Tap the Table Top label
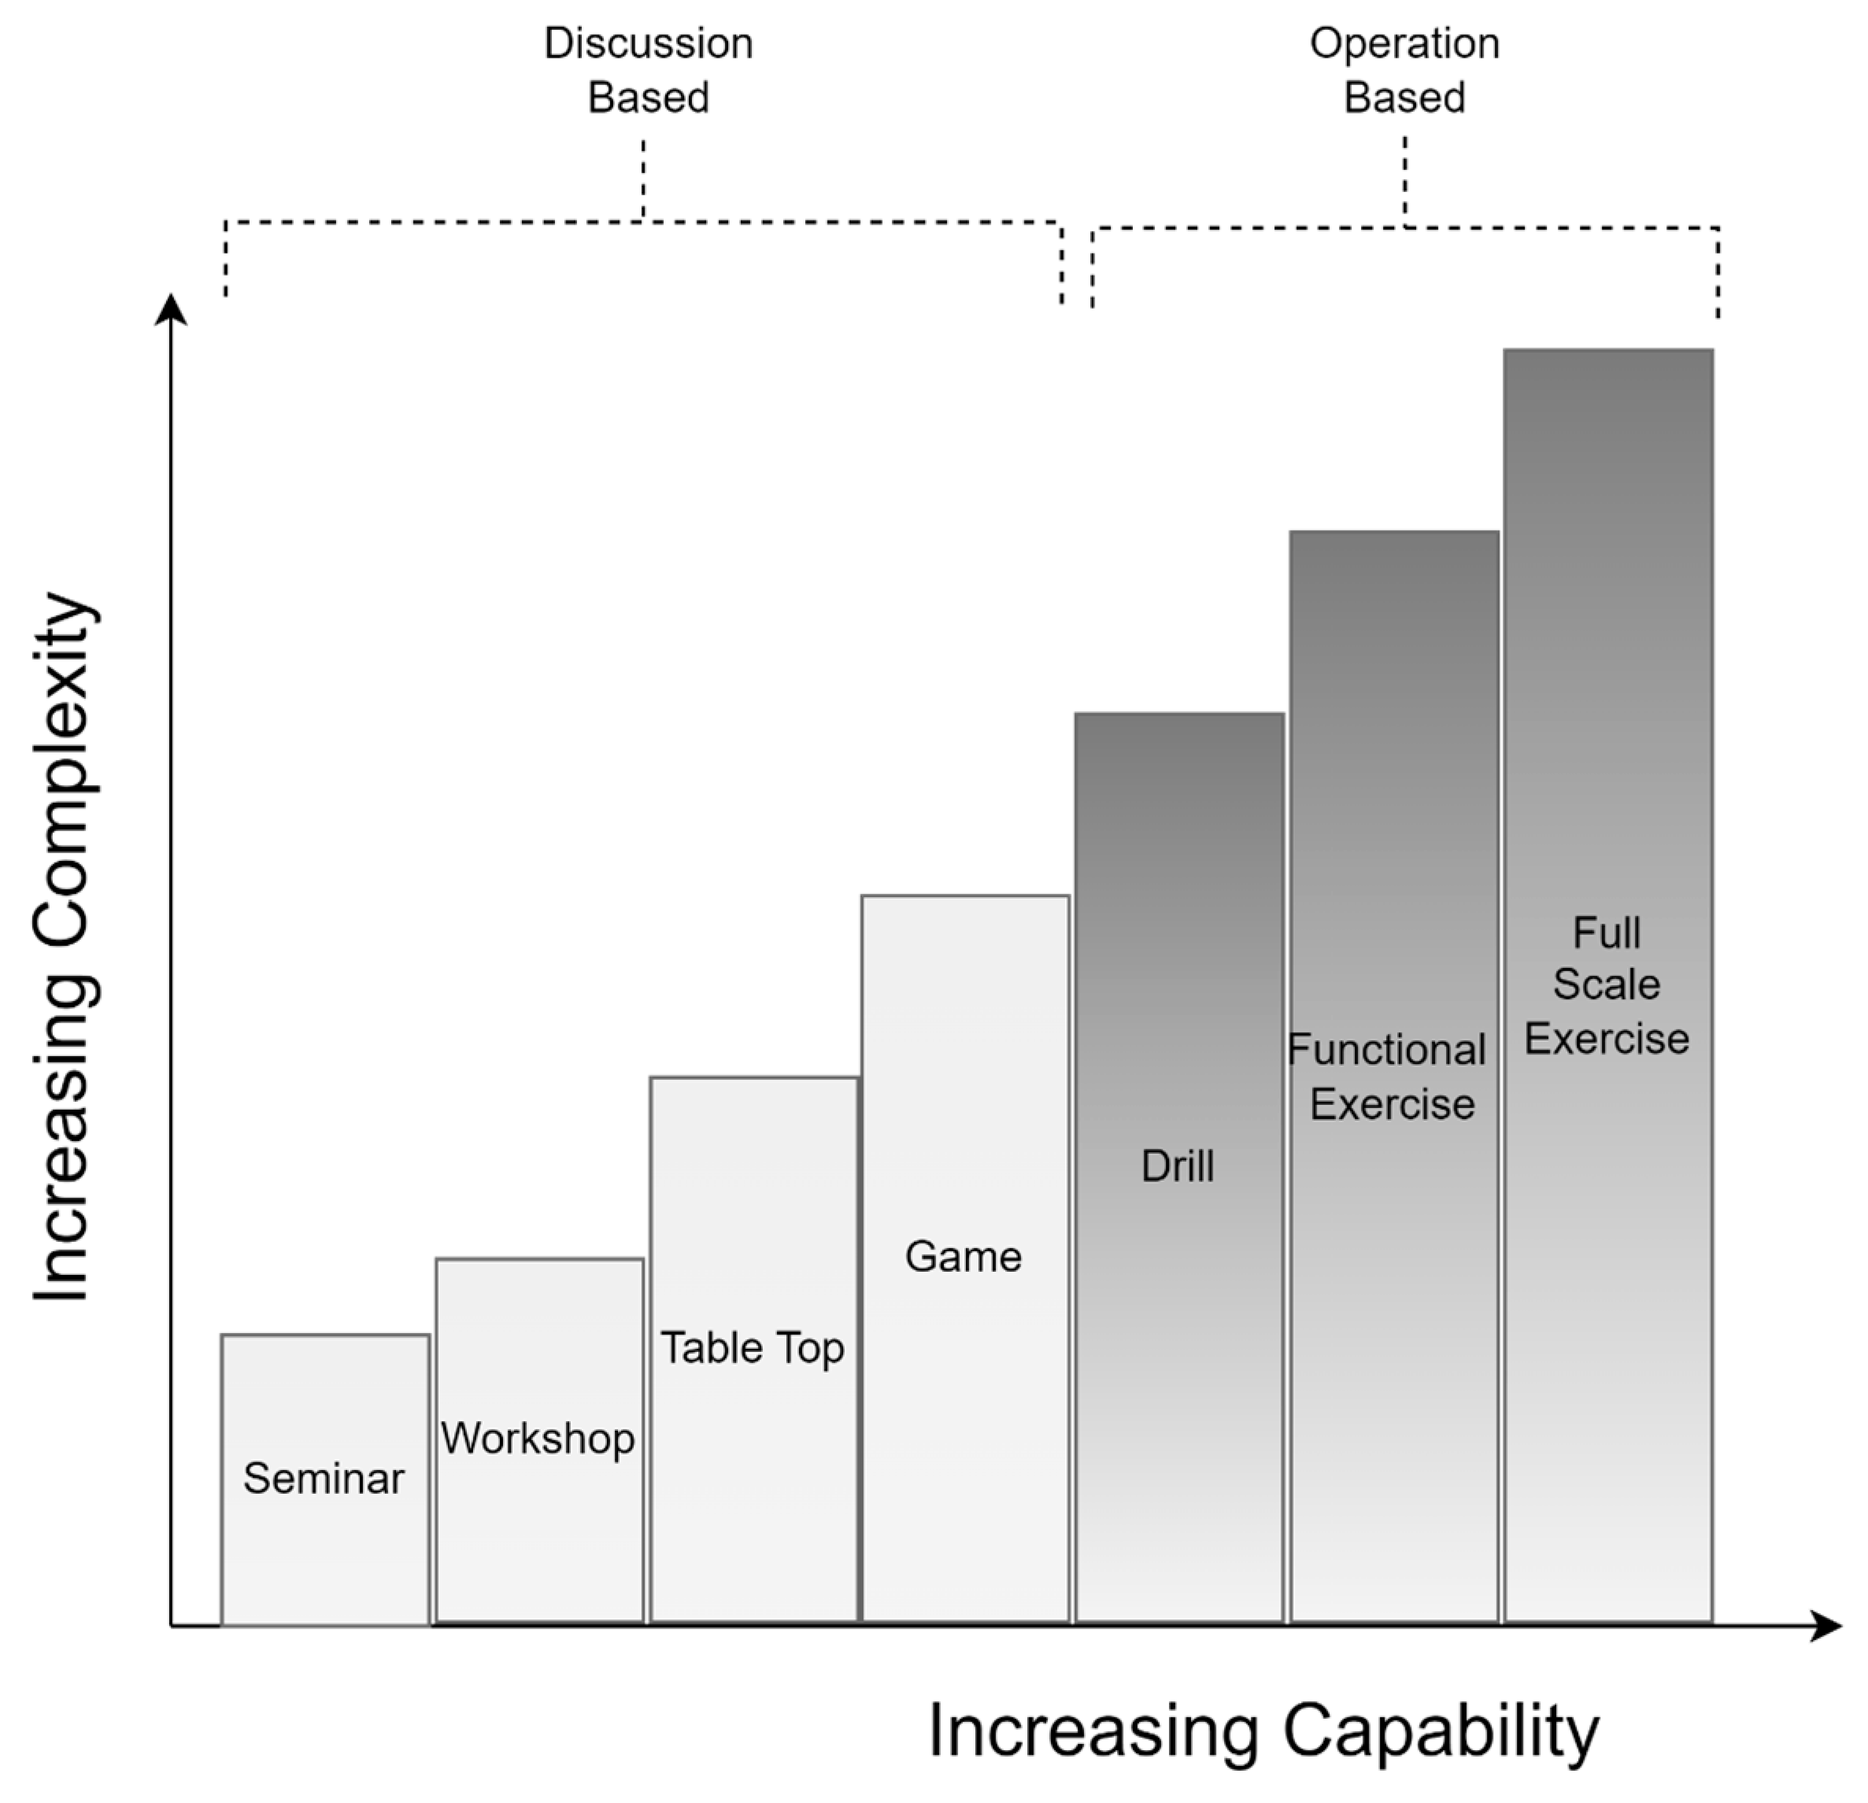click(753, 1347)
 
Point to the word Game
click(964, 1256)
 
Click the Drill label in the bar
click(1178, 1166)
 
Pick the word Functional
click(1387, 1049)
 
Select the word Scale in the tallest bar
click(1607, 984)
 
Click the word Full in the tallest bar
click(1607, 932)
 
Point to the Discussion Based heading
click(648, 71)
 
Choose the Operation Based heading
click(1405, 71)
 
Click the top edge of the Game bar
click(964, 896)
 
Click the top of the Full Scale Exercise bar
click(1609, 351)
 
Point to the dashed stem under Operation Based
click(1405, 181)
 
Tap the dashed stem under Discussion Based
click(643, 179)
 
